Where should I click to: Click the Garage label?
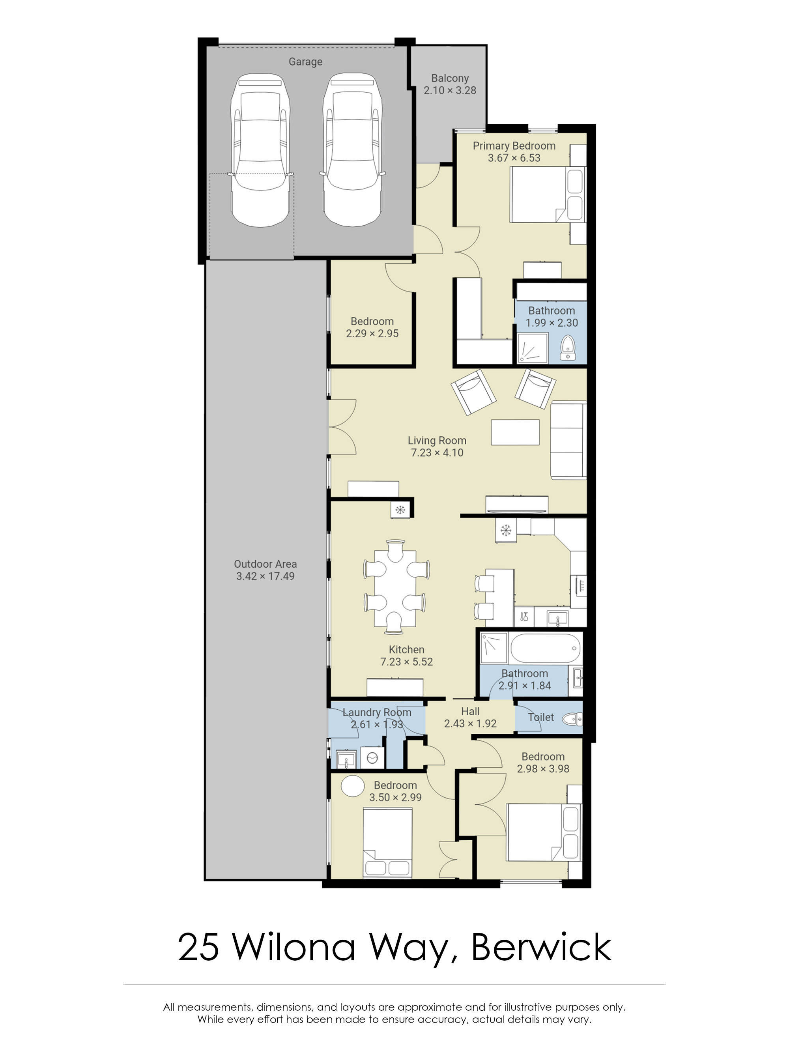point(305,62)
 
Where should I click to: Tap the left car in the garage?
point(260,150)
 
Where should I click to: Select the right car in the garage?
point(352,150)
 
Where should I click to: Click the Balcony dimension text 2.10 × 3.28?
point(450,90)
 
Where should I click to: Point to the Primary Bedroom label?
point(514,146)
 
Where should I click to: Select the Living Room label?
point(437,441)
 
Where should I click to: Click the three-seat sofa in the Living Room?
point(568,440)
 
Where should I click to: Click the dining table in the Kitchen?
point(395,587)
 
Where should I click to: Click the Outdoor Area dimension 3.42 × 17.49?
point(265,576)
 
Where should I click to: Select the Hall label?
point(470,711)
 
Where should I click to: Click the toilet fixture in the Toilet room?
point(573,720)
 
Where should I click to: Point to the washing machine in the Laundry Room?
point(372,758)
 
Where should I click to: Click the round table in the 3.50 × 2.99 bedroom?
point(352,786)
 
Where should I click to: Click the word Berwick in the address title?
point(541,948)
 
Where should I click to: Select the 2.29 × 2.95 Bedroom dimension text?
point(372,334)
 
